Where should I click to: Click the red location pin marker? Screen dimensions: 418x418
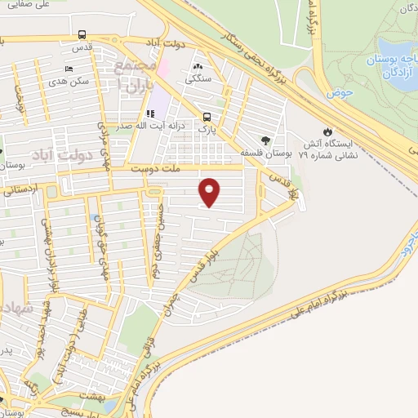[210, 193]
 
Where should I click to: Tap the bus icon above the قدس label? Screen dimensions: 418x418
[82, 35]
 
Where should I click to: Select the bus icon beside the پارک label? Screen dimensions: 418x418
[207, 118]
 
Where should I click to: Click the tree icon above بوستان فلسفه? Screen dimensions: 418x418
[263, 140]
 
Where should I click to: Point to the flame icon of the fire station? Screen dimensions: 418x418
[327, 131]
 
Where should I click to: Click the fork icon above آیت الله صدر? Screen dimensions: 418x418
[149, 113]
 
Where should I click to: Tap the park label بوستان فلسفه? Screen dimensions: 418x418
[263, 153]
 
